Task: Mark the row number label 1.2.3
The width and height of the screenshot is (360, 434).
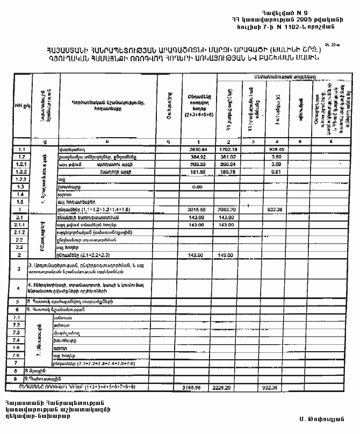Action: (x=22, y=179)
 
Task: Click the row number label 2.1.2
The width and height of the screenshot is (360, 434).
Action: (x=22, y=232)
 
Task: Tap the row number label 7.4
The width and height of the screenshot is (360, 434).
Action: (x=22, y=340)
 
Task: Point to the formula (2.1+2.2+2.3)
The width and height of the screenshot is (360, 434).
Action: (x=90, y=254)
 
